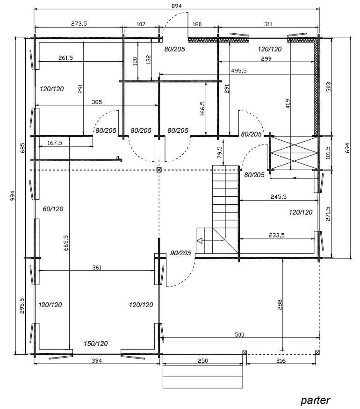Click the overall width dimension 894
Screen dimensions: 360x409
tap(177, 6)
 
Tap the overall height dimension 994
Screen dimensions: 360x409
tap(13, 196)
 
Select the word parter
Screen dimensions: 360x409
tap(316, 400)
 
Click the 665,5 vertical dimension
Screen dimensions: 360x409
tap(66, 243)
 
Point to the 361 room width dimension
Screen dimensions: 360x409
tap(96, 267)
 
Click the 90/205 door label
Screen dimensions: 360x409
tap(180, 253)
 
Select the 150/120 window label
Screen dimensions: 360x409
tap(96, 344)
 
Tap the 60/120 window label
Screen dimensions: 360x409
tap(53, 209)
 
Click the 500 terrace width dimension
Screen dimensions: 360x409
tap(239, 334)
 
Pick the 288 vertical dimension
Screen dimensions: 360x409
tap(280, 305)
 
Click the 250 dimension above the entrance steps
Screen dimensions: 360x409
tap(203, 360)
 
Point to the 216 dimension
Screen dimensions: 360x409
tap(281, 360)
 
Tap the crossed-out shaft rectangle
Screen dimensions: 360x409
tap(294, 153)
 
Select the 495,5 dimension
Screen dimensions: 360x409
tap(239, 71)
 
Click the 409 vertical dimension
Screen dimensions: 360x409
tap(288, 104)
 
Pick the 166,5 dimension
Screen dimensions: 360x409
tap(203, 108)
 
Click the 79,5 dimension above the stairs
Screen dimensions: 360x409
tap(220, 152)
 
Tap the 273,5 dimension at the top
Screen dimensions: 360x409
tap(79, 23)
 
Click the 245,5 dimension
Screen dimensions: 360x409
tap(278, 196)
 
